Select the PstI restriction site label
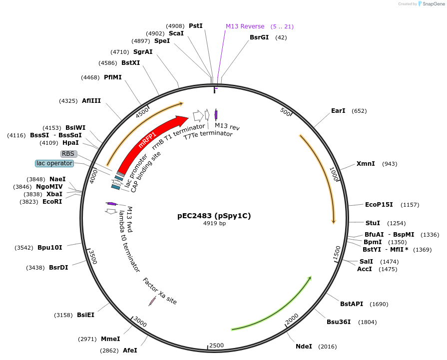point(195,25)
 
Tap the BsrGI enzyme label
point(259,37)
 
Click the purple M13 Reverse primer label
point(245,26)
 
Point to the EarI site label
point(338,110)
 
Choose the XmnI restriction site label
point(366,164)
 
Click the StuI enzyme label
point(373,223)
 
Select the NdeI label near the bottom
point(304,346)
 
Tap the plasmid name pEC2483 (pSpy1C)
point(214,216)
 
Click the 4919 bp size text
point(214,223)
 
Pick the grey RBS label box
point(68,154)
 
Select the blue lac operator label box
point(54,163)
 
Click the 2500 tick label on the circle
point(216,346)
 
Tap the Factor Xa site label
point(160,291)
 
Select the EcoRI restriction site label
point(52,202)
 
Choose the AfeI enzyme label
point(130,350)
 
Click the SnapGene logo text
point(433,3)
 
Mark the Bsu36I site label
point(339,322)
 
